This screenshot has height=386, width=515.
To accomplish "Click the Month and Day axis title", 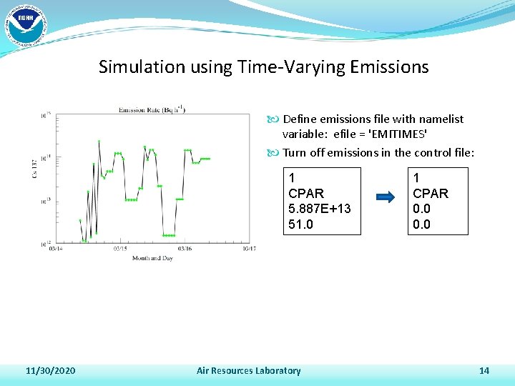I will (x=152, y=258).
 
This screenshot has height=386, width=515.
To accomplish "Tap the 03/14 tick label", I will (x=55, y=249).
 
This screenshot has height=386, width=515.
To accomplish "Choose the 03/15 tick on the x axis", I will (x=120, y=249).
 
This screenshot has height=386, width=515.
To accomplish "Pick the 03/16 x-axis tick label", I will (x=185, y=249).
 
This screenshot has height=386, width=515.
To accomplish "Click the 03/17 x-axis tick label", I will (x=248, y=249).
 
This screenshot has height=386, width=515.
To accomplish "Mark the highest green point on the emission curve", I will (x=99, y=142).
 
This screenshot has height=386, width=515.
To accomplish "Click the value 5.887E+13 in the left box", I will (x=320, y=209).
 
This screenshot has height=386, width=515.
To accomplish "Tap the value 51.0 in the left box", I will (x=301, y=224).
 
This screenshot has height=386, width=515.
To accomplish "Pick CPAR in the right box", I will (x=431, y=193).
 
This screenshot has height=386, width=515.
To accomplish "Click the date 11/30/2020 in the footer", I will (x=51, y=370).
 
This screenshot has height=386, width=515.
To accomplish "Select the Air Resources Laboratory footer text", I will (x=248, y=370).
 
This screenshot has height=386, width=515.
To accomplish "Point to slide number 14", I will (x=484, y=370).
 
